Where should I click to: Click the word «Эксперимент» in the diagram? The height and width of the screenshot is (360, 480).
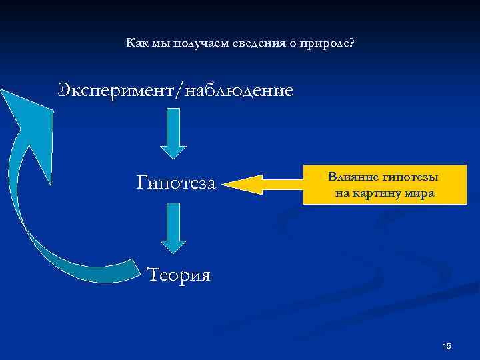[x=114, y=90]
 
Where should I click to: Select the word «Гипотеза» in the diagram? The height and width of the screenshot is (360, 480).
[x=176, y=181]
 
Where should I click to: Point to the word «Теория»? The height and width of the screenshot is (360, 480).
[x=178, y=273]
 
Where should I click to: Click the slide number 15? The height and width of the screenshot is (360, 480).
[x=447, y=345]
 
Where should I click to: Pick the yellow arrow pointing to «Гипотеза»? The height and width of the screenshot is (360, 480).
[x=261, y=182]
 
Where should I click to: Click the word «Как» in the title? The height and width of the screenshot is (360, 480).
[x=135, y=43]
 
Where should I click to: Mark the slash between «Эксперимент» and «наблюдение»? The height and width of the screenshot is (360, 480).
[x=175, y=91]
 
